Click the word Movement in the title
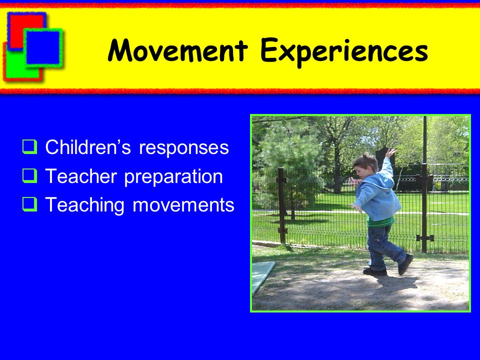(x=177, y=50)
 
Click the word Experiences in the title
(x=344, y=52)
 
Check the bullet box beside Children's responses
(x=29, y=146)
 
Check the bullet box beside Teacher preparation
(x=29, y=175)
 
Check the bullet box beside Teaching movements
(x=29, y=204)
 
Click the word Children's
(x=88, y=147)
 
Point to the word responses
(x=184, y=148)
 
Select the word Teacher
(x=81, y=176)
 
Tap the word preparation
(x=173, y=177)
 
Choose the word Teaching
(x=85, y=205)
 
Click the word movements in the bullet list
(x=183, y=205)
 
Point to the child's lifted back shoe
(x=405, y=264)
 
